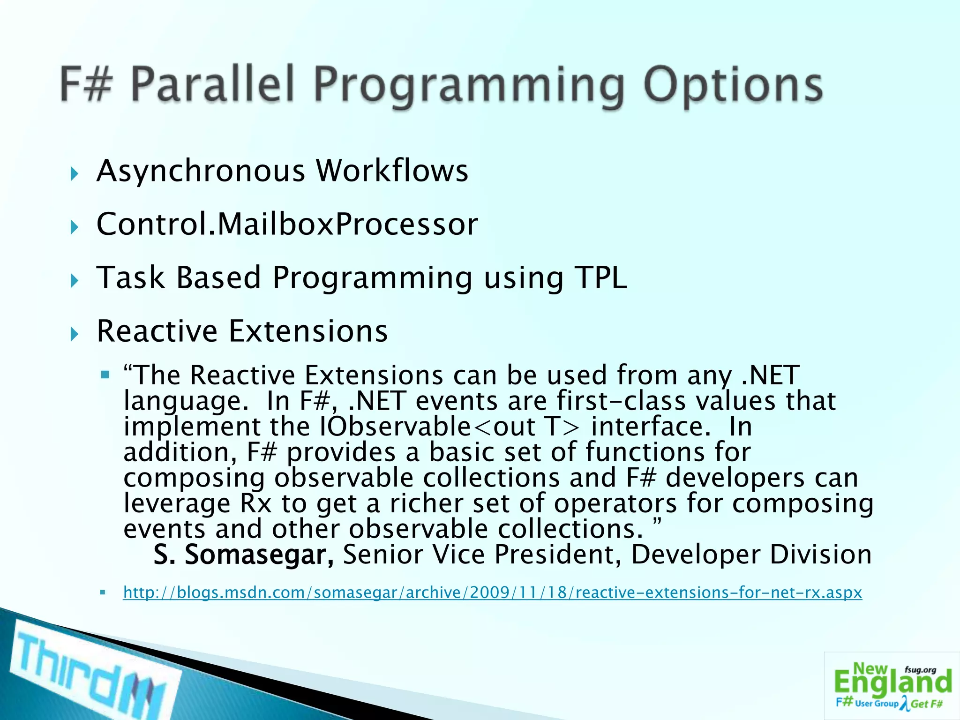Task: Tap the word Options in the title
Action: pyautogui.click(x=733, y=85)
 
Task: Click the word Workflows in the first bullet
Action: pyautogui.click(x=392, y=171)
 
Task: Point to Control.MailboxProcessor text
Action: pyautogui.click(x=287, y=224)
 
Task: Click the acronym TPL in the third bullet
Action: pyautogui.click(x=602, y=277)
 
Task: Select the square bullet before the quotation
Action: pyautogui.click(x=105, y=375)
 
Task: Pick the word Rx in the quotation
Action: pyautogui.click(x=256, y=503)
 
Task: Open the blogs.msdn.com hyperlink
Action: pyautogui.click(x=492, y=592)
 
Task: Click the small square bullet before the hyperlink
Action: pyautogui.click(x=103, y=592)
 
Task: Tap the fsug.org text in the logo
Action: pyautogui.click(x=920, y=670)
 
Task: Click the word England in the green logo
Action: pyautogui.click(x=893, y=683)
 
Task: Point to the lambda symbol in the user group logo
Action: pyautogui.click(x=904, y=703)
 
